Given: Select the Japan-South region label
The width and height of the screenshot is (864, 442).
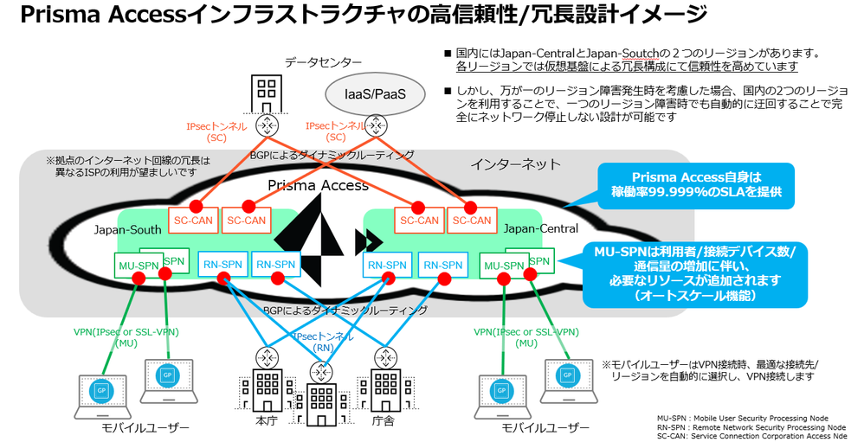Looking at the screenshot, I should click(127, 229).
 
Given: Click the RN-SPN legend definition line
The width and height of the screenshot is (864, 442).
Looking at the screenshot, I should click(751, 426).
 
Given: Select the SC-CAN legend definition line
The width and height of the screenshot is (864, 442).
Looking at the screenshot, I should click(751, 436).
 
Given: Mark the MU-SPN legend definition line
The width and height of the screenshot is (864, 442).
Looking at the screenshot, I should click(743, 417).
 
